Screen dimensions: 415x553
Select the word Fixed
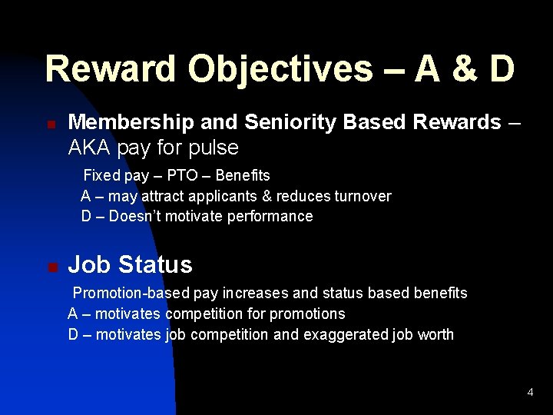coord(101,175)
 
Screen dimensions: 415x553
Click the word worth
coord(435,335)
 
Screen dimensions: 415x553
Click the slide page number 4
coord(530,393)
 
